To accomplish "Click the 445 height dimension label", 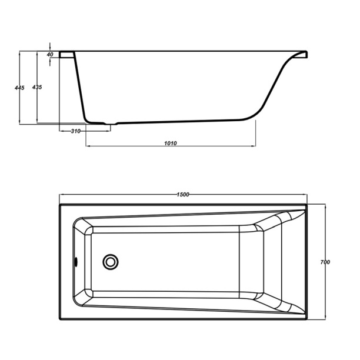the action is pos(19,88).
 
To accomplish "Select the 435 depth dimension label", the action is pos(37,87).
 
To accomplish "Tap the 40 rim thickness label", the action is pos(50,55).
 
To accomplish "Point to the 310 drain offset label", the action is pos(75,131).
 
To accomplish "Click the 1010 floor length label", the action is pos(171,144).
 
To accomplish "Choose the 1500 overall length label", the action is pos(183,195).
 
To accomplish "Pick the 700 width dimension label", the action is pos(325,262).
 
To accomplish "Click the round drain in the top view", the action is pos(111,262).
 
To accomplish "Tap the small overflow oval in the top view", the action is pos(76,262).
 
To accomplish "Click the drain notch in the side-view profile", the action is pos(111,124).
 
